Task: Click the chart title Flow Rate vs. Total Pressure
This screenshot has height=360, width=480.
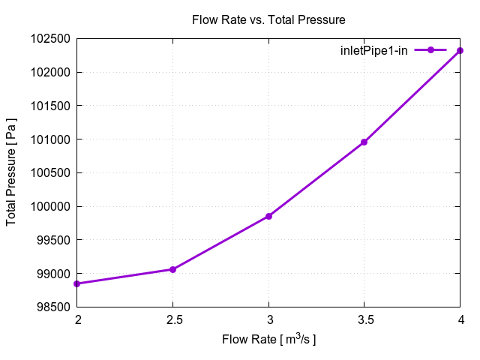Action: pos(268,19)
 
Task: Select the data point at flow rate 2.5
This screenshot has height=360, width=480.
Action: pos(173,269)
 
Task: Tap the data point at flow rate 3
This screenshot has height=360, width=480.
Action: pos(268,216)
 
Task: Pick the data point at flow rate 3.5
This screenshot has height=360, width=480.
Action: pos(364,142)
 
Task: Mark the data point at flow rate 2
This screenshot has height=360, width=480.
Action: pos(78,283)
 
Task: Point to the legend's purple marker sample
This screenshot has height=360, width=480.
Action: pos(430,50)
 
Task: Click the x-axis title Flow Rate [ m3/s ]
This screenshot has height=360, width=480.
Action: pos(268,340)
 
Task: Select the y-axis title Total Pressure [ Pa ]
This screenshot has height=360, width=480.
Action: pos(12,172)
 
